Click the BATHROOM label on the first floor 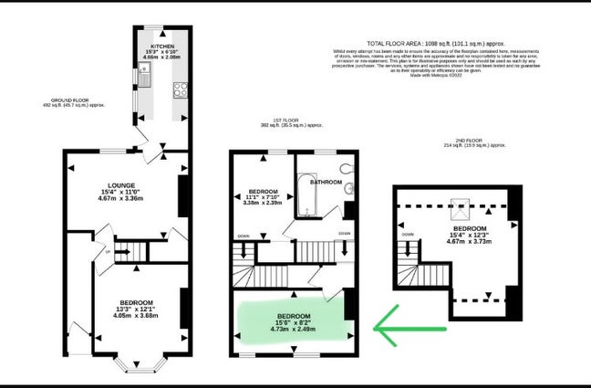pyautogui.click(x=325, y=183)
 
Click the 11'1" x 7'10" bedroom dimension pyautogui.click(x=264, y=198)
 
